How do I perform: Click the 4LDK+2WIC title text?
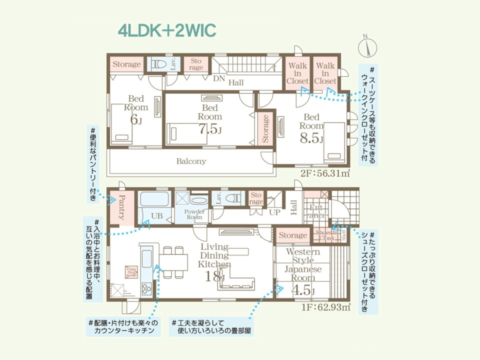167,30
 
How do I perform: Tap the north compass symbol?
368,47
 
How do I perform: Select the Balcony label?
191,161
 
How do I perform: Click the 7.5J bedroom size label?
210,129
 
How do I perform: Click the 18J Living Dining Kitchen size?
214,275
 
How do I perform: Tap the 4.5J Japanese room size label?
302,289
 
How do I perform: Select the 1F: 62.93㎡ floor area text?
325,307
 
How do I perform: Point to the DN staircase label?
219,78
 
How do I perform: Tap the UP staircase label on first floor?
274,212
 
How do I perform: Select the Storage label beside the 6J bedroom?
126,64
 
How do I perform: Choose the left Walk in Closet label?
297,73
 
